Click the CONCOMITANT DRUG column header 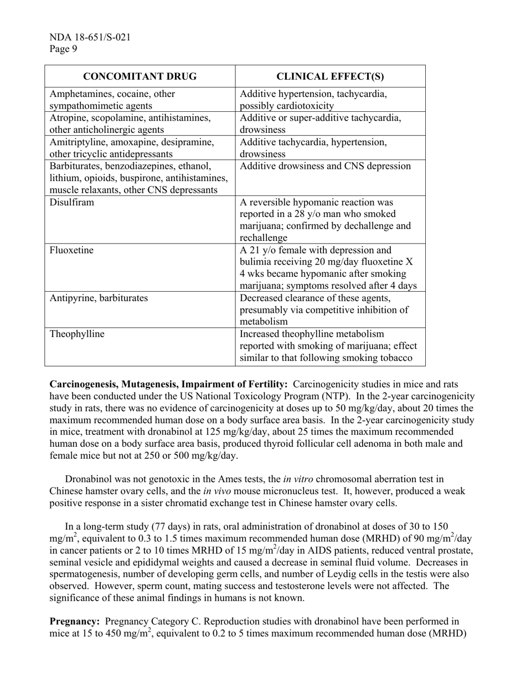point(140,76)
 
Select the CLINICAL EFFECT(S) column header point(330,76)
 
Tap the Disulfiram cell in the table point(72,202)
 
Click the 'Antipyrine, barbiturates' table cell point(99,298)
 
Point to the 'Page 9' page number point(64,49)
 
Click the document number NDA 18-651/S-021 point(90,38)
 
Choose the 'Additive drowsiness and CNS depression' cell point(326,166)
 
